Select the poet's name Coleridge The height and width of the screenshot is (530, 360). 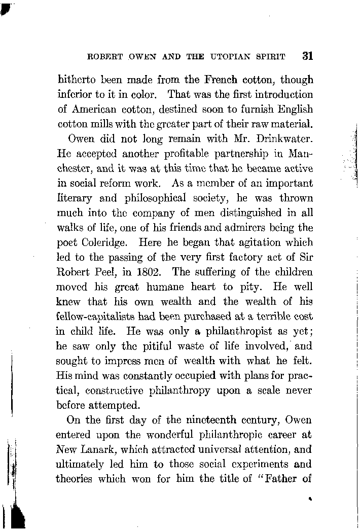[104, 242]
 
